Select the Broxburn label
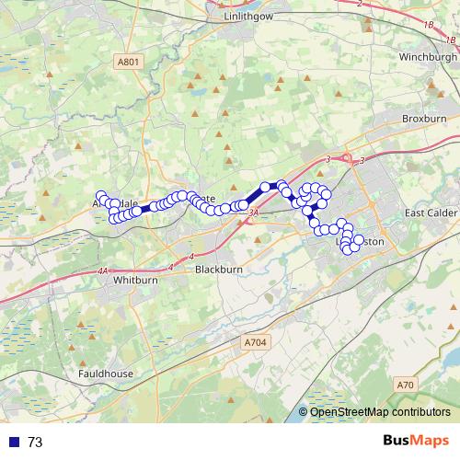pyautogui.click(x=424, y=120)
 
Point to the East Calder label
pyautogui.click(x=431, y=213)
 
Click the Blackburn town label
pyautogui.click(x=219, y=270)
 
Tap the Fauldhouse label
pyautogui.click(x=106, y=374)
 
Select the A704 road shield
pyautogui.click(x=256, y=342)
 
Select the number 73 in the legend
pyautogui.click(x=35, y=443)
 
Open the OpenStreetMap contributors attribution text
pyautogui.click(x=379, y=412)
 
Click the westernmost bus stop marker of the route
pyautogui.click(x=100, y=196)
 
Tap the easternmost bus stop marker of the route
pyautogui.click(x=359, y=240)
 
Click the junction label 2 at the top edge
pyautogui.click(x=357, y=4)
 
